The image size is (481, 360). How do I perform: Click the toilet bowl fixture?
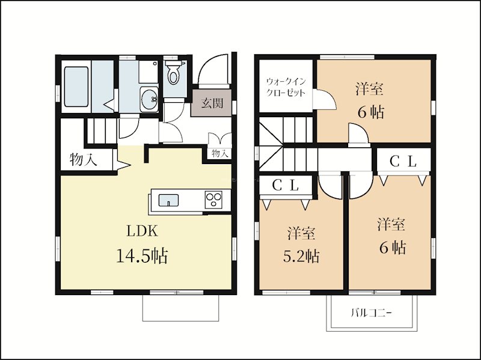(x=174, y=73)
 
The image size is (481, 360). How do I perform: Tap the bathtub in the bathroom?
(x=76, y=87)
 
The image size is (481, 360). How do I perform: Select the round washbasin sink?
(x=149, y=99)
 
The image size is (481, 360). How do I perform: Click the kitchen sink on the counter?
(x=168, y=200)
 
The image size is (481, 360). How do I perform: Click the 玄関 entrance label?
(x=212, y=103)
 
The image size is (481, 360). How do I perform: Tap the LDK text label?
(x=142, y=231)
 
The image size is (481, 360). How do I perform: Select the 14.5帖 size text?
(x=142, y=256)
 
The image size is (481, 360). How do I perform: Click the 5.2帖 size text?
(x=301, y=256)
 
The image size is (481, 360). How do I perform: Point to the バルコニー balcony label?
(x=372, y=313)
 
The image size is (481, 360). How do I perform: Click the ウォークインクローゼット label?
(x=286, y=87)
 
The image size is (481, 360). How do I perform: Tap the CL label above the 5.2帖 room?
(x=286, y=185)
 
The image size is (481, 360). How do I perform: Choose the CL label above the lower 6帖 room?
(x=403, y=162)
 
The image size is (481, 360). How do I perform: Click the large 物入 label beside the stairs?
(x=84, y=159)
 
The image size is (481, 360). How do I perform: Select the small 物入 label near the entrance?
(x=220, y=153)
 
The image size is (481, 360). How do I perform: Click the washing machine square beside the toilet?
(x=148, y=72)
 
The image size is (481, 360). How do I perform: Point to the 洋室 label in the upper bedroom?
(x=369, y=89)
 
